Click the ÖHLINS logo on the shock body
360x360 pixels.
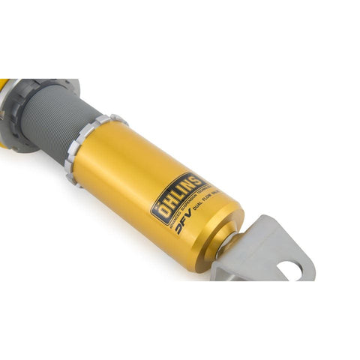(179, 196)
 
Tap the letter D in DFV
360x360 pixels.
(177, 229)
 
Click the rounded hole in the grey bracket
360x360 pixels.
(292, 267)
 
